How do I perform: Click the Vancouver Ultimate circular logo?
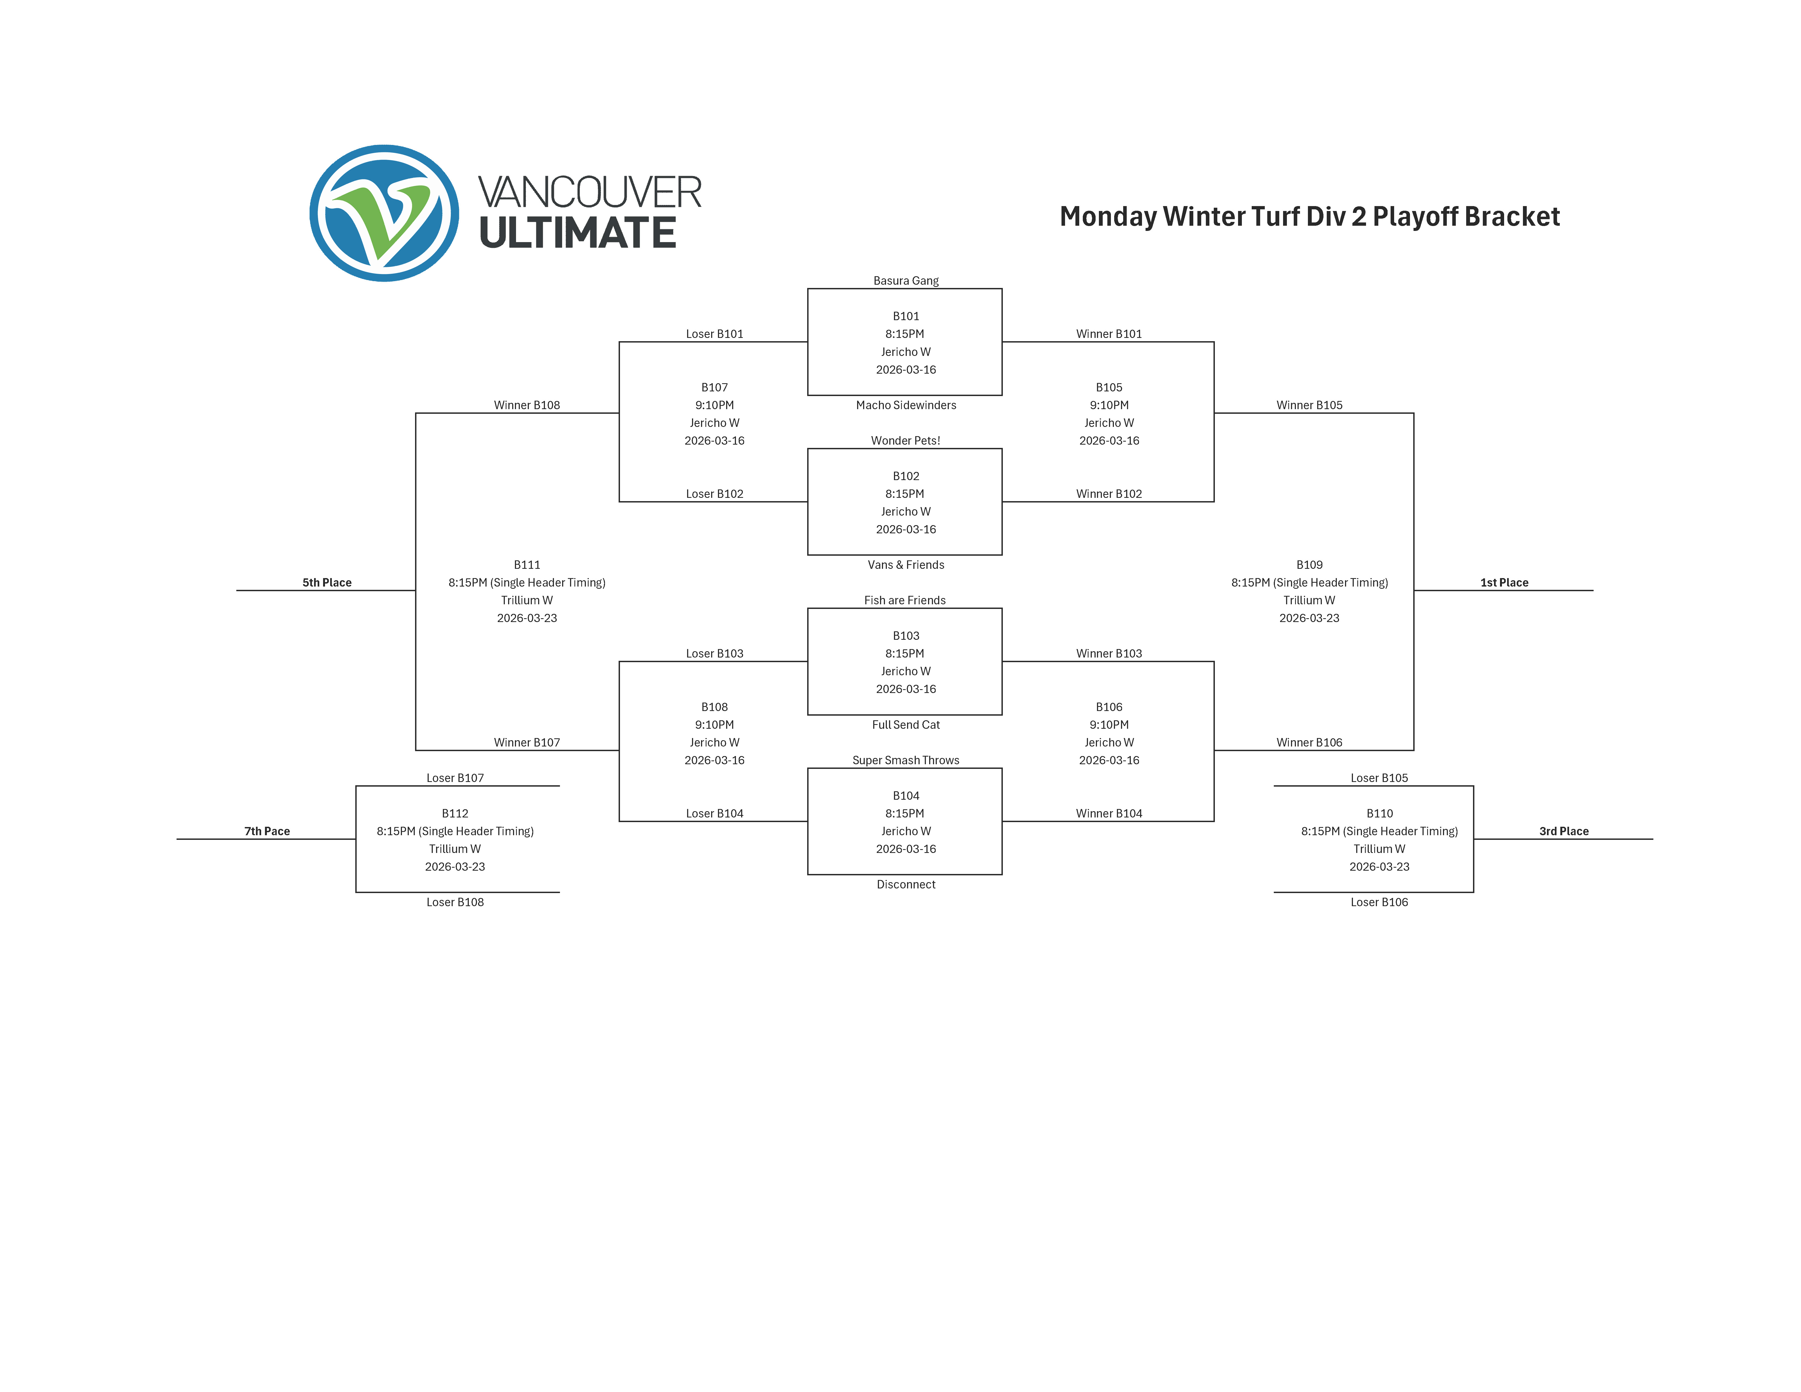(384, 214)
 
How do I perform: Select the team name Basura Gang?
(905, 280)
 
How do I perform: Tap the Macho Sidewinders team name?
(905, 405)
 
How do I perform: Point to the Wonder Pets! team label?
(905, 440)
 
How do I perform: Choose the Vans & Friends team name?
(905, 565)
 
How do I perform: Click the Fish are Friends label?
(905, 600)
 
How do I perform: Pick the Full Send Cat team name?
(905, 725)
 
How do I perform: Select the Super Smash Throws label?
(905, 760)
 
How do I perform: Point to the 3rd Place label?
(1564, 831)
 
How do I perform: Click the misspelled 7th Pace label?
(267, 831)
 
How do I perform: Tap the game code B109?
(1310, 565)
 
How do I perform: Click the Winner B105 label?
(1310, 405)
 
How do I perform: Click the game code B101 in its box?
(905, 316)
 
